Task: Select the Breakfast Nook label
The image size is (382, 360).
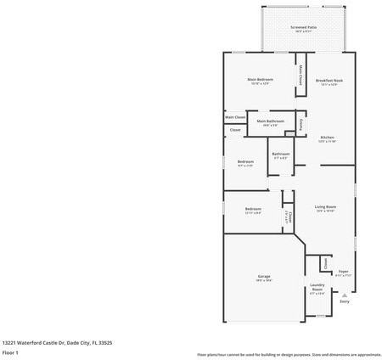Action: pyautogui.click(x=329, y=81)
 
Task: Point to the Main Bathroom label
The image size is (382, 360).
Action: pyautogui.click(x=269, y=121)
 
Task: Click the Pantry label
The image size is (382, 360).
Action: pyautogui.click(x=301, y=125)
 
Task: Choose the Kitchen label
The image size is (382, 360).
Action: pyautogui.click(x=328, y=138)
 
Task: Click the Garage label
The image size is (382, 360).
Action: pyautogui.click(x=264, y=277)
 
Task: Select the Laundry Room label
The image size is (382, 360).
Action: pyautogui.click(x=317, y=287)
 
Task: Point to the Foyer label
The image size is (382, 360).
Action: pyautogui.click(x=343, y=272)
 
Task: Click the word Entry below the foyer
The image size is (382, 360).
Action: pyautogui.click(x=344, y=301)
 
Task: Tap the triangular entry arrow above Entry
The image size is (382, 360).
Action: pyautogui.click(x=344, y=294)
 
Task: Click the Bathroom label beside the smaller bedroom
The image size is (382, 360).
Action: pyautogui.click(x=280, y=154)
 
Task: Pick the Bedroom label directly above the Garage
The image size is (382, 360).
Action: pyautogui.click(x=253, y=209)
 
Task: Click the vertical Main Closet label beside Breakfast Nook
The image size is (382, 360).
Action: pyautogui.click(x=301, y=75)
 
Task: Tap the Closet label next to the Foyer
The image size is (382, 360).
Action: pyautogui.click(x=325, y=264)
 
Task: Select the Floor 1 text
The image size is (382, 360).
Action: pyautogui.click(x=10, y=352)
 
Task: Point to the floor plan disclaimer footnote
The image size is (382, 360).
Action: pyautogui.click(x=289, y=354)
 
